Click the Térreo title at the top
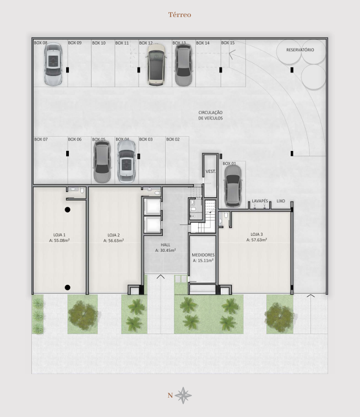coord(179,15)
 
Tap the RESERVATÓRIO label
coord(300,50)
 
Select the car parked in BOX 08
coord(53,64)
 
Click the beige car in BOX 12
coord(156,64)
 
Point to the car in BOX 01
coord(233,186)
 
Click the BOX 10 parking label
coord(99,43)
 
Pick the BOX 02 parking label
coord(173,139)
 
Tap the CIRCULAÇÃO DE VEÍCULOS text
coord(210,116)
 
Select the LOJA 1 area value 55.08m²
coord(59,240)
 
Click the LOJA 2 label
coord(114,235)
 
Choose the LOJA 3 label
coord(257,234)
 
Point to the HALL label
coord(166,245)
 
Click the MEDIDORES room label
coord(203,255)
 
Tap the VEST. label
coord(211,171)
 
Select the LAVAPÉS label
coord(260,201)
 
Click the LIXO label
coord(281,201)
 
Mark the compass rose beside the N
coord(183,396)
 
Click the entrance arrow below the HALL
coord(161,277)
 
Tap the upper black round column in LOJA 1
coord(68,209)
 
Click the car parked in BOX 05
coord(102,162)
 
